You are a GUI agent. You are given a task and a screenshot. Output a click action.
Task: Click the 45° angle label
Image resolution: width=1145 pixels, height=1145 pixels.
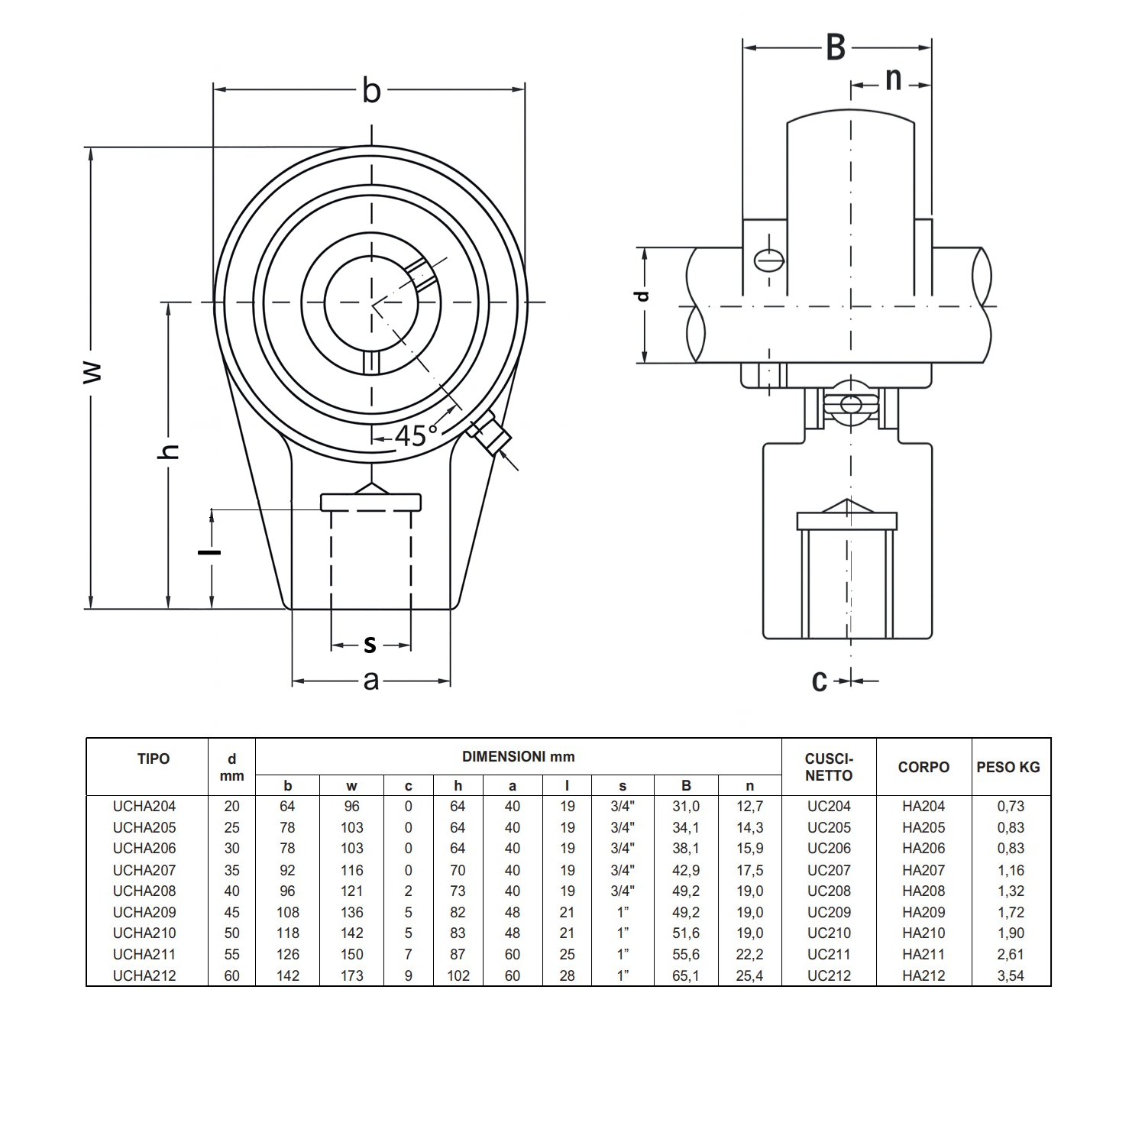coord(416,435)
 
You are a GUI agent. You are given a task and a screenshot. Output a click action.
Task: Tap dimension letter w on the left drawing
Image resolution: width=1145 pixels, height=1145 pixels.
coord(92,373)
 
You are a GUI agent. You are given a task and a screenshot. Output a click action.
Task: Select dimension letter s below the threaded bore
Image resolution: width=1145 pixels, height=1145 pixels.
coord(370,645)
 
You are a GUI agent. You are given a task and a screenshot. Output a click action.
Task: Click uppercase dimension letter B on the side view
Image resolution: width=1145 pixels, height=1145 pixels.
coord(836,48)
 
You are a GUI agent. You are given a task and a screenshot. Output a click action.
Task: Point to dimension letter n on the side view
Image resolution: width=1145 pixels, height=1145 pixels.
coord(892,79)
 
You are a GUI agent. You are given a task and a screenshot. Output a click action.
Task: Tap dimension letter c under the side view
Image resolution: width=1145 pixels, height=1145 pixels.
coord(820,680)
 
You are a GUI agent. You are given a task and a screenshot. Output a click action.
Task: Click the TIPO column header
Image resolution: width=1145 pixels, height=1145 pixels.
coord(154,759)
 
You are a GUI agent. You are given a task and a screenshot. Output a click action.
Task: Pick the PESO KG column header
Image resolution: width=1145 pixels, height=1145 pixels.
coord(1008,767)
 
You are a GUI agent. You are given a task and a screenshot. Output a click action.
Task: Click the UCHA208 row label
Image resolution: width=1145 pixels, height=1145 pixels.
coord(144,891)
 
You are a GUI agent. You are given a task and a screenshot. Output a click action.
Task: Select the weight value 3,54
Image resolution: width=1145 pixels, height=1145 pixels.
coord(1011,975)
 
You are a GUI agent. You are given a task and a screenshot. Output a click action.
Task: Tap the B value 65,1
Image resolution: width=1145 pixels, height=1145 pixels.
coord(685,975)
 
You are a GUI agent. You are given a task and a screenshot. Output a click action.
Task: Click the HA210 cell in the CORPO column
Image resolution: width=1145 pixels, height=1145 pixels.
coord(923,933)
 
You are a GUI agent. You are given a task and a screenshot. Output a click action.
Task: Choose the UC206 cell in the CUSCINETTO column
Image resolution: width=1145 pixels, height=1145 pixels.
coord(828,848)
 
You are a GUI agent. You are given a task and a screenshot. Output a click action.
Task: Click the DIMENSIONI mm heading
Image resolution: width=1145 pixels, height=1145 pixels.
coord(518,757)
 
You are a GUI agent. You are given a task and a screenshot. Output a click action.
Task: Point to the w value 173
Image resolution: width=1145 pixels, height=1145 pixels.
coord(351,975)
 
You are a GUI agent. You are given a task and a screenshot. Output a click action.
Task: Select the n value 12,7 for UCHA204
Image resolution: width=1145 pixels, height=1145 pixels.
coord(749,806)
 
